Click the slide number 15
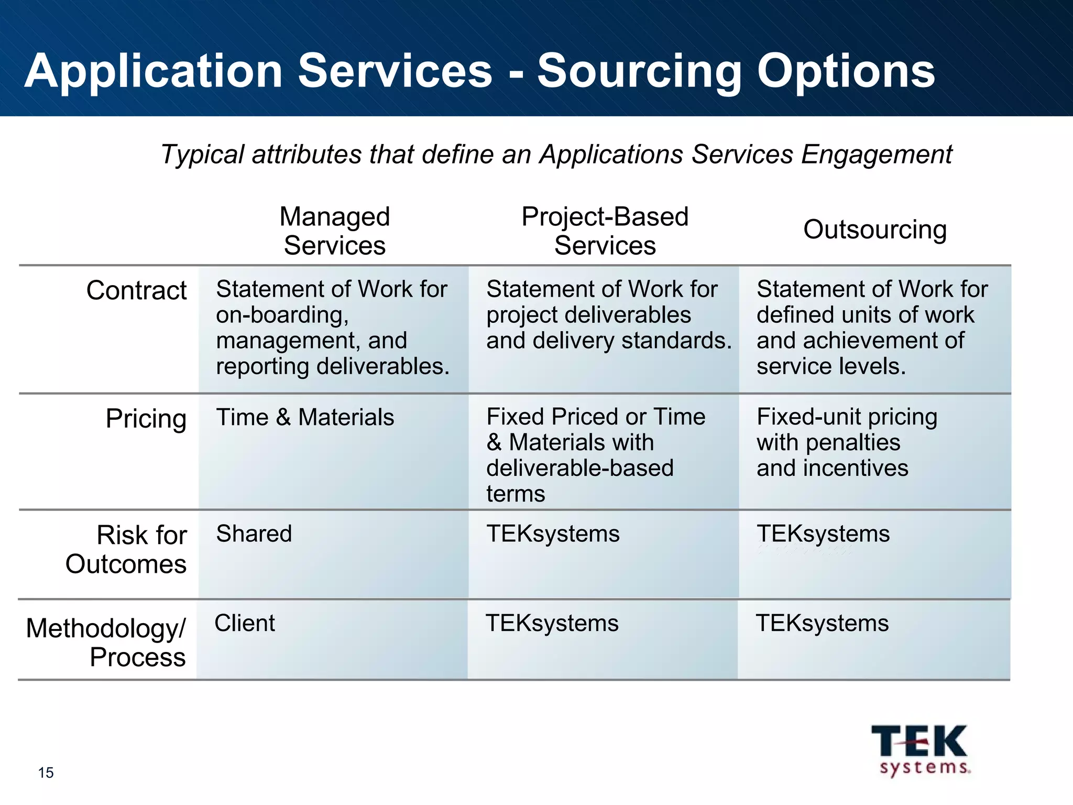pyautogui.click(x=46, y=773)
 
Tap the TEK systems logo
pyautogui.click(x=920, y=750)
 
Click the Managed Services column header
pyautogui.click(x=335, y=231)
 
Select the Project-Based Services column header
pyautogui.click(x=605, y=231)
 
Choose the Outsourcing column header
pyautogui.click(x=875, y=230)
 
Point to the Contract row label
pyautogui.click(x=136, y=290)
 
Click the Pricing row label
pyautogui.click(x=146, y=418)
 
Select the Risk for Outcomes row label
pyautogui.click(x=126, y=549)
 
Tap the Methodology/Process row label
pyautogui.click(x=106, y=643)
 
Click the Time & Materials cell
pyautogui.click(x=305, y=417)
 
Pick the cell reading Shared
pyautogui.click(x=254, y=534)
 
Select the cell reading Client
pyautogui.click(x=245, y=623)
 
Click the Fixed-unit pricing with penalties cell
pyautogui.click(x=847, y=442)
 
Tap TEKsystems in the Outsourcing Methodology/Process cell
pyautogui.click(x=822, y=623)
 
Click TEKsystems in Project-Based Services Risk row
pyautogui.click(x=553, y=534)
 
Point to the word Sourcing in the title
pyautogui.click(x=639, y=71)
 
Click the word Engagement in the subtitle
pyautogui.click(x=876, y=155)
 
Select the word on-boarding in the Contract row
pyautogui.click(x=282, y=315)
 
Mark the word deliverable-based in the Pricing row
pyautogui.click(x=579, y=468)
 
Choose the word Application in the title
pyautogui.click(x=154, y=71)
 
